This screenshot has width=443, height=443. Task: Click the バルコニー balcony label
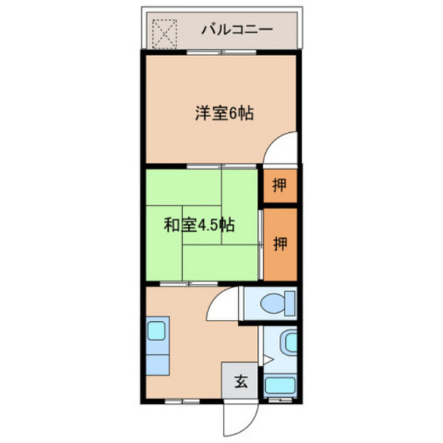pyautogui.click(x=237, y=30)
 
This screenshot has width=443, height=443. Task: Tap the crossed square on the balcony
pyautogui.click(x=165, y=32)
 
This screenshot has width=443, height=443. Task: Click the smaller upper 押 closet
pyautogui.click(x=279, y=185)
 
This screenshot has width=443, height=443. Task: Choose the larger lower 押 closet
pyautogui.click(x=279, y=244)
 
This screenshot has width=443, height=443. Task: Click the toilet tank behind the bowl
pyautogui.click(x=289, y=303)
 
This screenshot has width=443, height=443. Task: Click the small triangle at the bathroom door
pyautogui.click(x=269, y=359)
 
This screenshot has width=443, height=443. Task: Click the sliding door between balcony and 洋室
pyautogui.click(x=221, y=52)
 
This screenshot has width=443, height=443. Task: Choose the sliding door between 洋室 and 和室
pyautogui.click(x=221, y=166)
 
